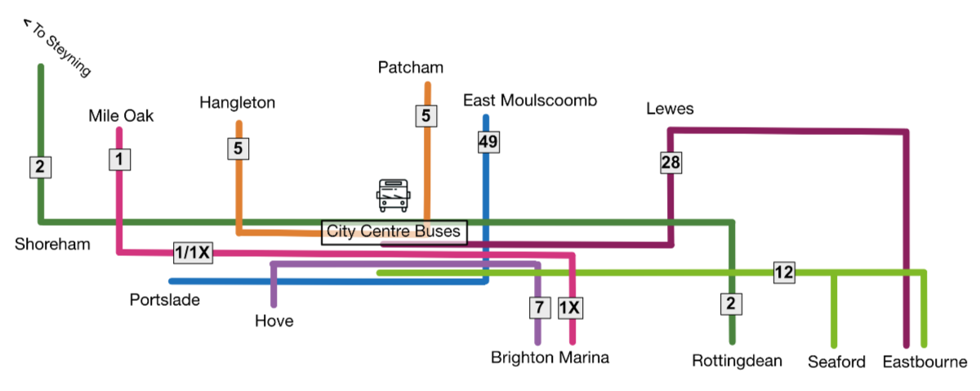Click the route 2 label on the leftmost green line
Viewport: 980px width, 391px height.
pos(40,167)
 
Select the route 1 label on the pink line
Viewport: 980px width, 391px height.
pos(119,159)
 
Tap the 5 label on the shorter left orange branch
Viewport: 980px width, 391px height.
pos(238,148)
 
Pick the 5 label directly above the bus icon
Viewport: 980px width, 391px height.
pos(425,116)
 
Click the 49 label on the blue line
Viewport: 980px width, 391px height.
pos(488,142)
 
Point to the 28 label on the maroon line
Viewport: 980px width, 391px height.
pos(670,163)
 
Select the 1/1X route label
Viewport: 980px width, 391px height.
pos(193,254)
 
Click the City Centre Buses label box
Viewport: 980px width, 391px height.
pos(394,231)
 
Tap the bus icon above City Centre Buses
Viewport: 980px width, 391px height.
pos(394,195)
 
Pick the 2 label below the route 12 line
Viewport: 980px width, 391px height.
pos(732,303)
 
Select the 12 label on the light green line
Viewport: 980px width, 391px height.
pos(784,273)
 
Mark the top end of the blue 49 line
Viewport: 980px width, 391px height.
pos(486,117)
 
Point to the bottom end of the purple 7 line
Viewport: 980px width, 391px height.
pos(537,343)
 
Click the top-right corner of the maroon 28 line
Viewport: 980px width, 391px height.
pos(906,131)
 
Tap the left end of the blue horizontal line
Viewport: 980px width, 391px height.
pos(171,281)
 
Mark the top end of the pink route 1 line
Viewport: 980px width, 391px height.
pos(119,129)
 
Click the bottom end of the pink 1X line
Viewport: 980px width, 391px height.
pos(572,343)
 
